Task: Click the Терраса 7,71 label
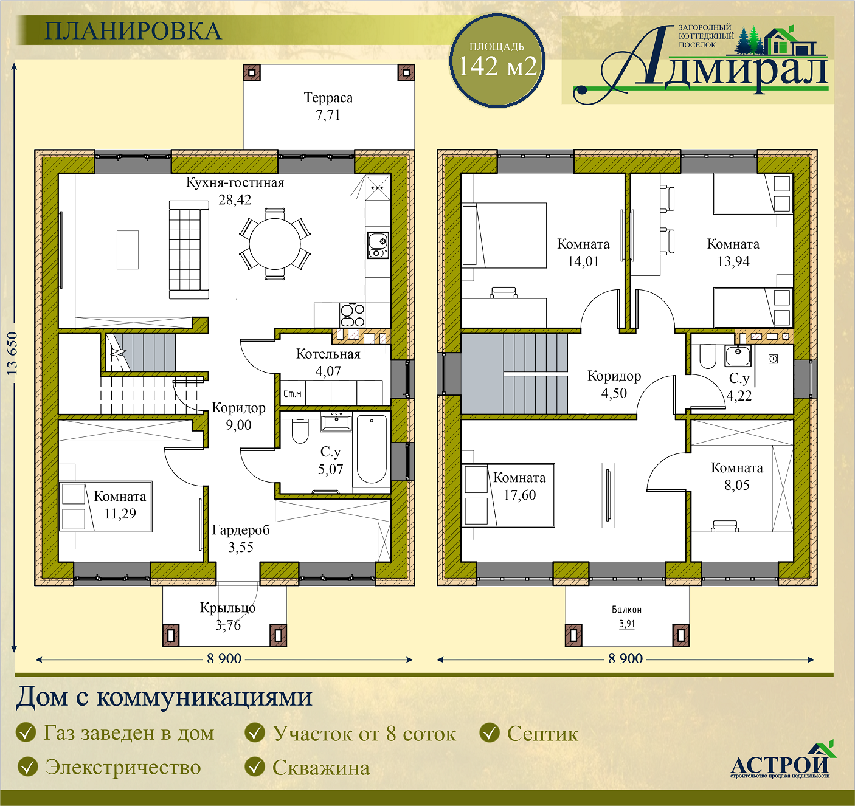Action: tap(328, 106)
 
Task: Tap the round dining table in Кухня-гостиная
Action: tap(275, 244)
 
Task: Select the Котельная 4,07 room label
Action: tap(328, 362)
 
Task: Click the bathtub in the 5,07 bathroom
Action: tap(372, 449)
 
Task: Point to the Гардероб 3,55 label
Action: tap(241, 539)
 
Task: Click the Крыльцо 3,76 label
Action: tap(228, 616)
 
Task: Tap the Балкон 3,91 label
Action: tap(627, 616)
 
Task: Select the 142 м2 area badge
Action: tap(497, 60)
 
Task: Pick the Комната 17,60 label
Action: tap(520, 486)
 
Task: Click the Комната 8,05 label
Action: tap(736, 477)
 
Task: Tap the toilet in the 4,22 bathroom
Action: tap(707, 356)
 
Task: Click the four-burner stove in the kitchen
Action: tap(352, 315)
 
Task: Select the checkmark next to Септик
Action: tap(490, 733)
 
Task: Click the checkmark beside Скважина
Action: tap(254, 767)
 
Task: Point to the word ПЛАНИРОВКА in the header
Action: tap(133, 31)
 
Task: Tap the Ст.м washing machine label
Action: tap(292, 393)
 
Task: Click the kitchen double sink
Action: tap(378, 246)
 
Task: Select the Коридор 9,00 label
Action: tap(238, 416)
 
